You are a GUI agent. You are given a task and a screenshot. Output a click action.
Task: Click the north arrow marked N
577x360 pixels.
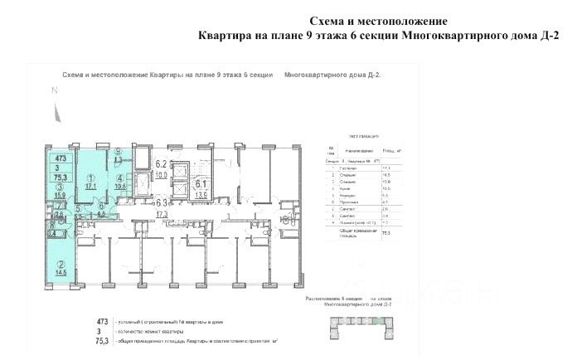click(53, 93)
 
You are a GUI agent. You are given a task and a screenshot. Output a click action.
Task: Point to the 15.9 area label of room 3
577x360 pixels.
click(61, 196)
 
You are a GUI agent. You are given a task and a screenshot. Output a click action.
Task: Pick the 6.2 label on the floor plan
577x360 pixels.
click(162, 164)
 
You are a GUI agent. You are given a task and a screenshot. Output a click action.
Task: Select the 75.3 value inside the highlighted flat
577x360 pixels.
click(61, 176)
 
